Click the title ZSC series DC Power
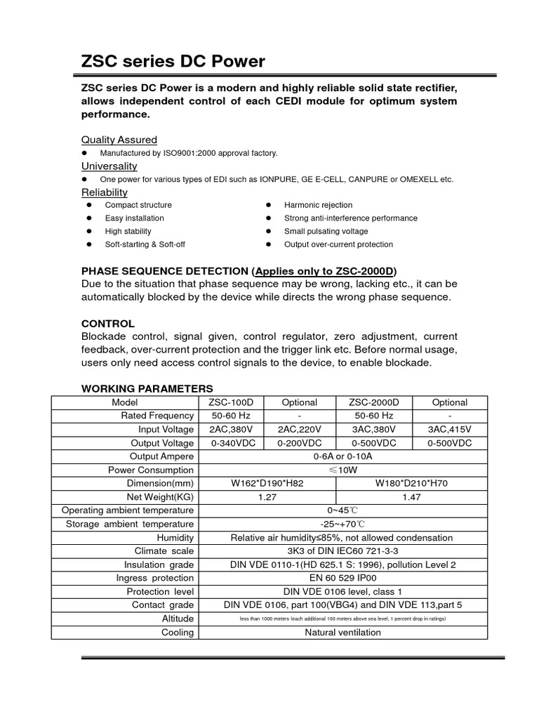(173, 62)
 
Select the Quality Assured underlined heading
(119, 140)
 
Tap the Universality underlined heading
(109, 166)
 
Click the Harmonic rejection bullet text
(318, 205)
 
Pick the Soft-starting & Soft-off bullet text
(145, 244)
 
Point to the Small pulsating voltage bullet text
(326, 231)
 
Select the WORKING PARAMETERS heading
(147, 388)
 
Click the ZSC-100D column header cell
(232, 402)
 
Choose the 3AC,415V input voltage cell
(449, 430)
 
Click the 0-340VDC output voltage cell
(232, 443)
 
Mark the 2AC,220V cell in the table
(299, 430)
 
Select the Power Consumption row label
(150, 470)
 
